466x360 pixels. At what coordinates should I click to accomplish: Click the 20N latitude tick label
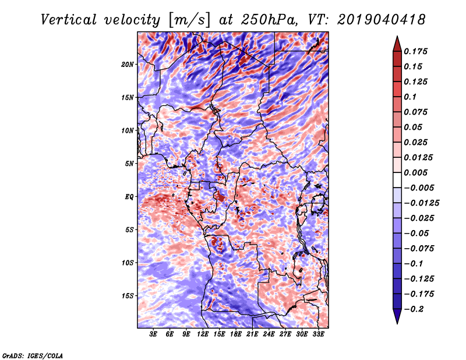(x=128, y=65)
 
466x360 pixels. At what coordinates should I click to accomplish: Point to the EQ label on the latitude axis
(x=129, y=197)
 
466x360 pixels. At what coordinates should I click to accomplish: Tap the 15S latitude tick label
(x=128, y=296)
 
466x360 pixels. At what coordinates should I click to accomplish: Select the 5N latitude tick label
(x=129, y=164)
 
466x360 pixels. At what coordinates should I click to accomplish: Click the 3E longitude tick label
(x=153, y=334)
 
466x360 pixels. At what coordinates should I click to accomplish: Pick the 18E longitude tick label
(x=236, y=334)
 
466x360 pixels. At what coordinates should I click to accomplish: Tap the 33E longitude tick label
(x=318, y=334)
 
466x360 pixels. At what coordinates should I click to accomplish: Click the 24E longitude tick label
(x=269, y=334)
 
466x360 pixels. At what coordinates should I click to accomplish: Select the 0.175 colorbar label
(x=415, y=51)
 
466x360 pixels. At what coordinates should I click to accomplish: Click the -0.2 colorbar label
(x=414, y=309)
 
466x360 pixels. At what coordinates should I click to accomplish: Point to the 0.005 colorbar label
(x=415, y=172)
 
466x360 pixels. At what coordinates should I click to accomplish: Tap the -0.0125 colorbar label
(x=421, y=203)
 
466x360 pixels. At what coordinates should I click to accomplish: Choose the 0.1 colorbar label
(x=410, y=97)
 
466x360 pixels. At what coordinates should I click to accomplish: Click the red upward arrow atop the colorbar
(x=397, y=44)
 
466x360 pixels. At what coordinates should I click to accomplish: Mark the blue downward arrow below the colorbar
(x=397, y=316)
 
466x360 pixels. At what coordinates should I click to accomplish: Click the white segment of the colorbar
(x=397, y=180)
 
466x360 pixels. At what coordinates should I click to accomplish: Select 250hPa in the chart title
(x=269, y=20)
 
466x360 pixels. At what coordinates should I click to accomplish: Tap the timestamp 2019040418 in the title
(x=382, y=20)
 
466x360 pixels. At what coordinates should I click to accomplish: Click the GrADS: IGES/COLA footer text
(x=33, y=355)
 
